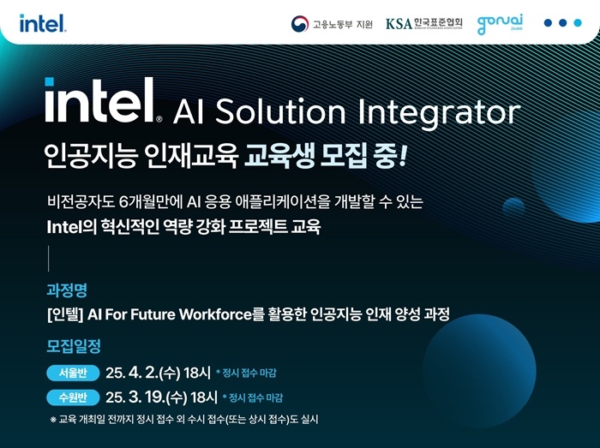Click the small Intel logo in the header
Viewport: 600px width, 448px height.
pyautogui.click(x=43, y=23)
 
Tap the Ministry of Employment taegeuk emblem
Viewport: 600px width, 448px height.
pyautogui.click(x=300, y=24)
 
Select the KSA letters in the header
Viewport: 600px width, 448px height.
pyautogui.click(x=399, y=24)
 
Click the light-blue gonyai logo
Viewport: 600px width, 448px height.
pyautogui.click(x=500, y=24)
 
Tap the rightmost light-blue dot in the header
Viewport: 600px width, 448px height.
pyautogui.click(x=578, y=23)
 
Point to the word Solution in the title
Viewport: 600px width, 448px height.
pyautogui.click(x=280, y=111)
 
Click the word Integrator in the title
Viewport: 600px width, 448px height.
pyautogui.click(x=439, y=112)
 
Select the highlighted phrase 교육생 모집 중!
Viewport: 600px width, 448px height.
pyautogui.click(x=325, y=156)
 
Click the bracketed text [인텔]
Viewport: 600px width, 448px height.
pyautogui.click(x=65, y=314)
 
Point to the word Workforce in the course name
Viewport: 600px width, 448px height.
pyautogui.click(x=215, y=314)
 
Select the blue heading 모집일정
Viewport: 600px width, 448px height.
pyautogui.click(x=74, y=346)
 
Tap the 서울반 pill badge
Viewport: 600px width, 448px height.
pyautogui.click(x=73, y=373)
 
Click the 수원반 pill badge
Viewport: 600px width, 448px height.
pyautogui.click(x=73, y=397)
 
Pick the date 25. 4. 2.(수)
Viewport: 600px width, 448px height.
pyautogui.click(x=143, y=373)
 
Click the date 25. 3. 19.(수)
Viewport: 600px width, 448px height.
pyautogui.click(x=147, y=397)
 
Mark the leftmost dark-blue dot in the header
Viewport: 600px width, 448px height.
pyautogui.click(x=548, y=23)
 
